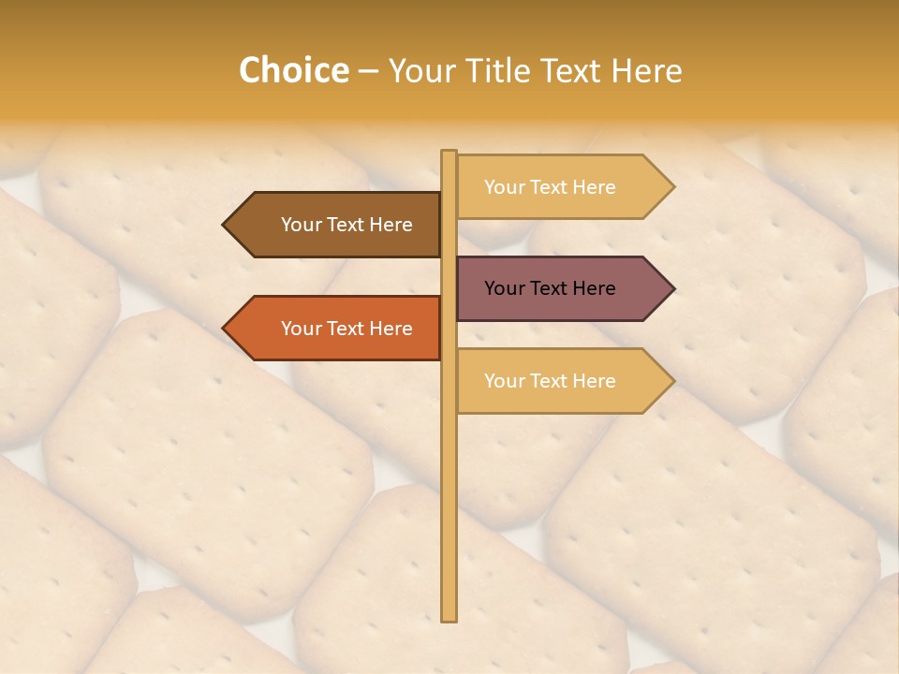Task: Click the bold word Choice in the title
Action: pos(293,70)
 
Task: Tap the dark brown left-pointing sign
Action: pos(337,225)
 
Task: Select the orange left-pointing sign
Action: pos(337,329)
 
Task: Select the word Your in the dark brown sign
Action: pos(301,225)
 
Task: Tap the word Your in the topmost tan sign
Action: pos(504,187)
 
